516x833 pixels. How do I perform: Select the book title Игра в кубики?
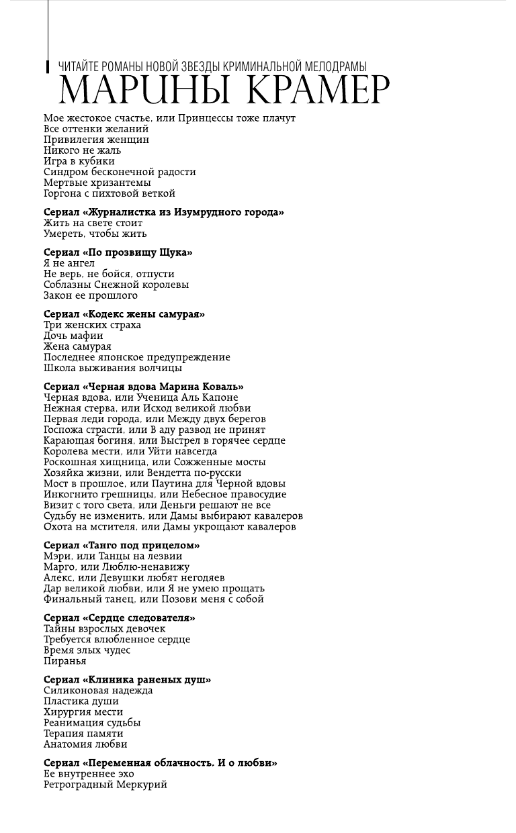[79, 161]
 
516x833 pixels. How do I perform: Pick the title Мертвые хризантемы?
[97, 183]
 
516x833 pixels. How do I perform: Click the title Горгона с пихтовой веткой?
[110, 193]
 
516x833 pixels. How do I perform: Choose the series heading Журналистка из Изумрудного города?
[163, 212]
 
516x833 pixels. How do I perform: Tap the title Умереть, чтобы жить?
[95, 234]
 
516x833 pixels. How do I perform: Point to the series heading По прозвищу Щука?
[118, 252]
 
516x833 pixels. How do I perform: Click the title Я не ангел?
[69, 263]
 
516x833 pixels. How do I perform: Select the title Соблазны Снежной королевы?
[116, 285]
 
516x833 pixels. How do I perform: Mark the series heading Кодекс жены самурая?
[124, 314]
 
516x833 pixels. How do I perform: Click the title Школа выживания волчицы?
[112, 368]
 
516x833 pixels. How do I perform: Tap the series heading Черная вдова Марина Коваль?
[143, 387]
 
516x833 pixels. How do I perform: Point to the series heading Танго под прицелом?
[122, 545]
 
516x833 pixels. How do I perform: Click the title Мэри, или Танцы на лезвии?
[112, 556]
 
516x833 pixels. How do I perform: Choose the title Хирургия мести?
[83, 712]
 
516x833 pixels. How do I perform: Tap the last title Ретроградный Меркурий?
[105, 784]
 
